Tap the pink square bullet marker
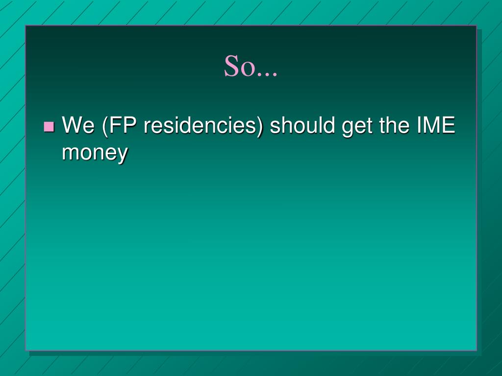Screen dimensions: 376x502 [49, 127]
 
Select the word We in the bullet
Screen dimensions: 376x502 [79, 126]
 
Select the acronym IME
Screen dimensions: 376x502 [436, 126]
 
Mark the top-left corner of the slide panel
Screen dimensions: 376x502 [26, 26]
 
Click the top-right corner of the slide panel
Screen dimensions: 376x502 [476, 26]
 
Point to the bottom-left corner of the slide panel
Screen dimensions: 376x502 [26, 350]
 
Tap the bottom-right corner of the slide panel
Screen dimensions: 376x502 [476, 350]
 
